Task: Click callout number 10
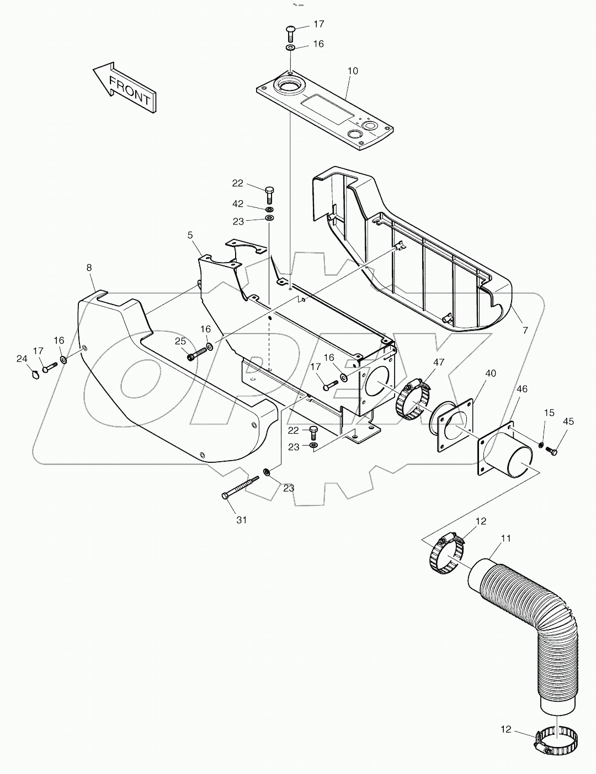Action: point(353,71)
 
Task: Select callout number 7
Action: point(525,330)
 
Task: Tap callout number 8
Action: point(89,268)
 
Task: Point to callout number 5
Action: point(190,235)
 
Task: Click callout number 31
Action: point(241,520)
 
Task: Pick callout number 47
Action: point(438,362)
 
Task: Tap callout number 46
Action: point(522,389)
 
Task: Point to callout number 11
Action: point(505,537)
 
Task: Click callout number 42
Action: point(237,204)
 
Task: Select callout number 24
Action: point(22,359)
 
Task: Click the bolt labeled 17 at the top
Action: point(291,32)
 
